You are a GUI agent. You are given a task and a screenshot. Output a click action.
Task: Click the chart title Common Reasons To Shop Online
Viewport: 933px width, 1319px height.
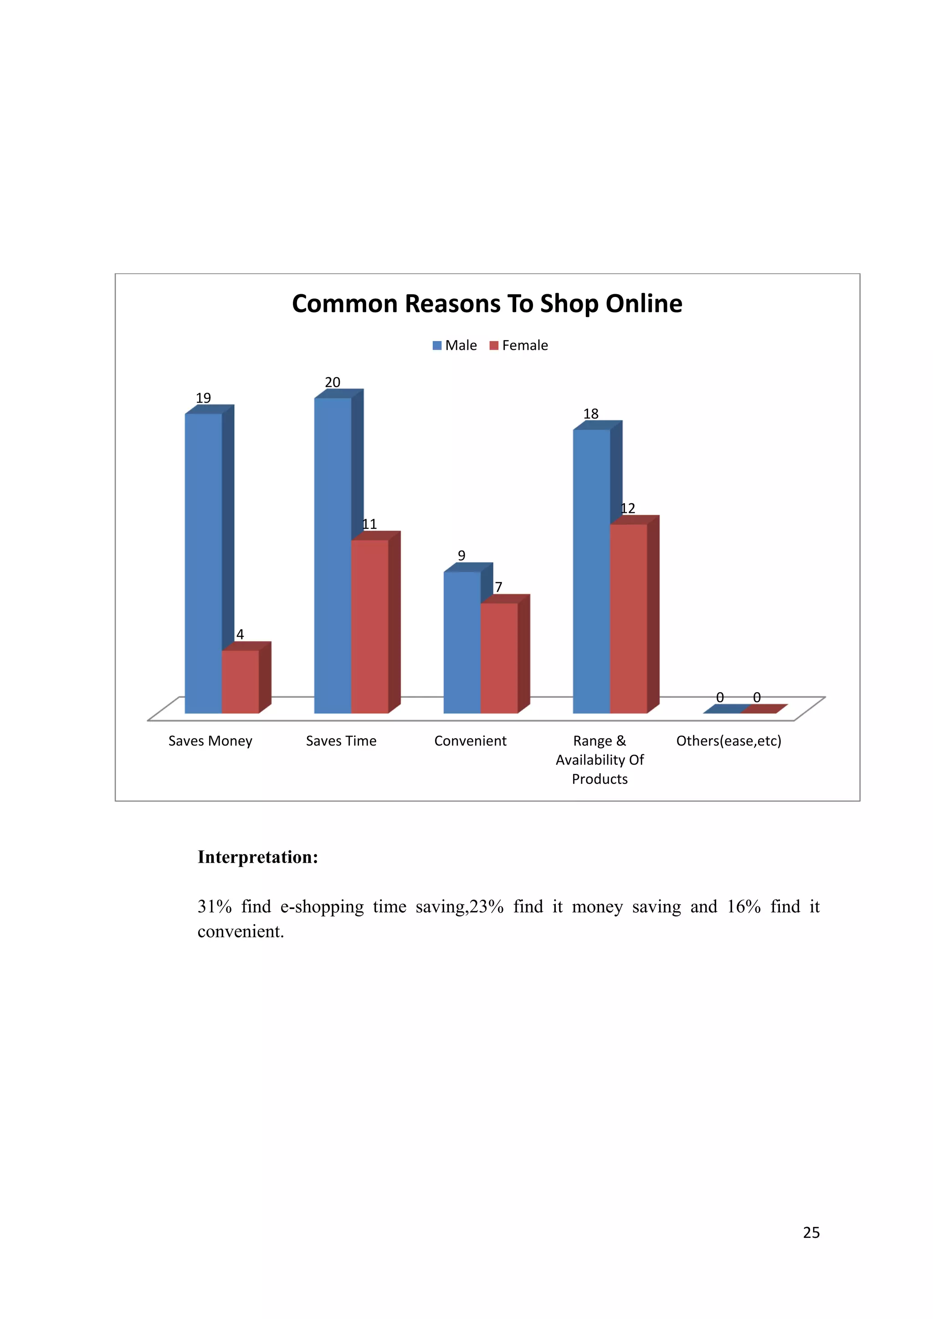pos(487,303)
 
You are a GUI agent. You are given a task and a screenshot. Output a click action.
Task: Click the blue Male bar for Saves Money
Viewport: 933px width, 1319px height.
pos(203,563)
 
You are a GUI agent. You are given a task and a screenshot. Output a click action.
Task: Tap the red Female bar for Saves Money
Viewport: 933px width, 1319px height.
pos(240,681)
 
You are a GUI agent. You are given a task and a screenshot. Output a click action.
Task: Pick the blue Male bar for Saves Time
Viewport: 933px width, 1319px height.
pos(332,555)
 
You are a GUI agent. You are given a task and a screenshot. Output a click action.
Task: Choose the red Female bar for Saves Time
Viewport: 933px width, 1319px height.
pos(369,626)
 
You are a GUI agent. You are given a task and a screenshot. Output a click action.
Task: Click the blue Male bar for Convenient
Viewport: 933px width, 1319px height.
pos(462,642)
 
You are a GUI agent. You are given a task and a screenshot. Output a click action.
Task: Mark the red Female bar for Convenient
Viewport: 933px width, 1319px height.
pos(499,658)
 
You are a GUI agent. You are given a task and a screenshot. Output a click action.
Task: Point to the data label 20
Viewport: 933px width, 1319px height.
pos(333,383)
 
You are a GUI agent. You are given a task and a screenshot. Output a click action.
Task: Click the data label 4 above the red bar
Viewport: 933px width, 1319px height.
pos(240,634)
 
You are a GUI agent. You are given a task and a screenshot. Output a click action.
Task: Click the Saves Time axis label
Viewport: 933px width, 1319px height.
pos(341,741)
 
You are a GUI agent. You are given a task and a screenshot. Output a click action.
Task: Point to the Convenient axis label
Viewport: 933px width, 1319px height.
pos(470,741)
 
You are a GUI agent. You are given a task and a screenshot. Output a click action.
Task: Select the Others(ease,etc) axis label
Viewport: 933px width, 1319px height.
pos(728,741)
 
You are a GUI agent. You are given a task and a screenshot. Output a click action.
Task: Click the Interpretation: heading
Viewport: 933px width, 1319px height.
pos(257,857)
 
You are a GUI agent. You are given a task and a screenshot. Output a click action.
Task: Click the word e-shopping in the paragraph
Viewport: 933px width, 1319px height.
pos(322,906)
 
